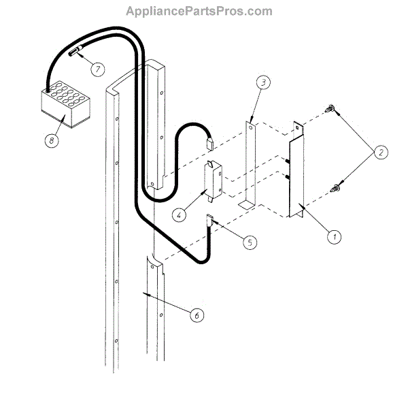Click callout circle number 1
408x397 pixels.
[334, 237]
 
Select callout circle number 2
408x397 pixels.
[381, 153]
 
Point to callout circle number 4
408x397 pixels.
[179, 215]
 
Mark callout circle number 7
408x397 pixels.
[98, 69]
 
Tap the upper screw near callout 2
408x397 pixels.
[330, 107]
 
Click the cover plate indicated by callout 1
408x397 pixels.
[296, 174]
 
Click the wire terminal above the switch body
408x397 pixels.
[210, 143]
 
